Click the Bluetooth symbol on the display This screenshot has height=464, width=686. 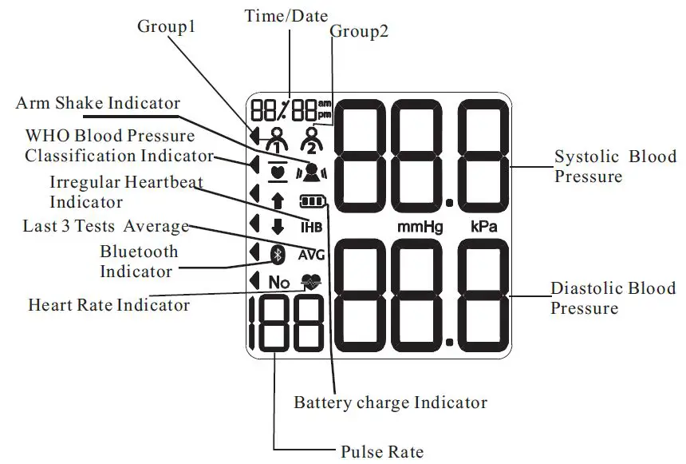(278, 254)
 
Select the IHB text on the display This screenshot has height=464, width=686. (310, 227)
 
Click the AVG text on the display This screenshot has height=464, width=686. (311, 256)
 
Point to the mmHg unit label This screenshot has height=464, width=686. (420, 228)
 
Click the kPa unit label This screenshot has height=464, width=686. (484, 228)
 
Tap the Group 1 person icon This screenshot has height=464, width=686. (276, 141)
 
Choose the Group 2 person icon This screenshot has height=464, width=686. (309, 141)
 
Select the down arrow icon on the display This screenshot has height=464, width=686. (278, 226)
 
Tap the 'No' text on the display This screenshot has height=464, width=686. (278, 282)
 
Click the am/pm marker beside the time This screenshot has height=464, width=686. (324, 109)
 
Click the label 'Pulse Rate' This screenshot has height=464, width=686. (382, 452)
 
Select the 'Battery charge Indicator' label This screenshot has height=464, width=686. (390, 402)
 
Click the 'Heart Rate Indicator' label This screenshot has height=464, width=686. (108, 305)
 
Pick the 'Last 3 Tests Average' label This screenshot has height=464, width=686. (105, 226)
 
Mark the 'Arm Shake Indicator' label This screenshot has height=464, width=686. (98, 104)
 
